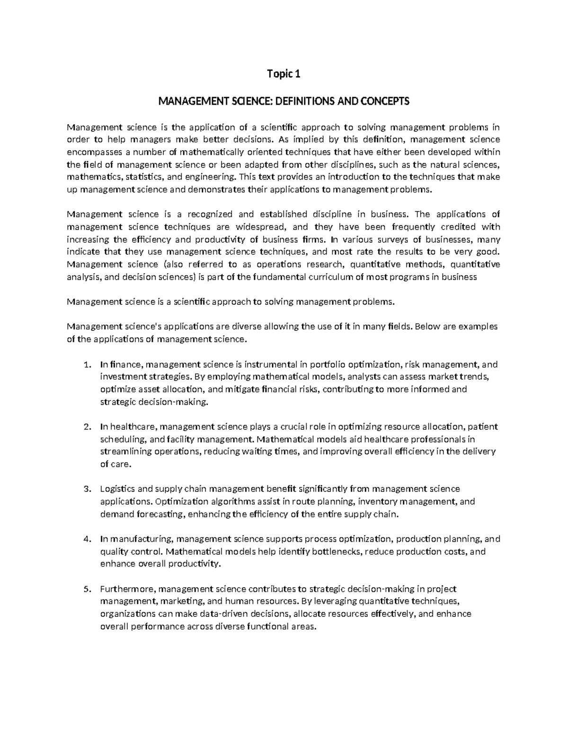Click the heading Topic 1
coord(284,74)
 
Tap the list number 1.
coord(86,365)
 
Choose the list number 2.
coord(86,427)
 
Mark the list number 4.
coord(86,539)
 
